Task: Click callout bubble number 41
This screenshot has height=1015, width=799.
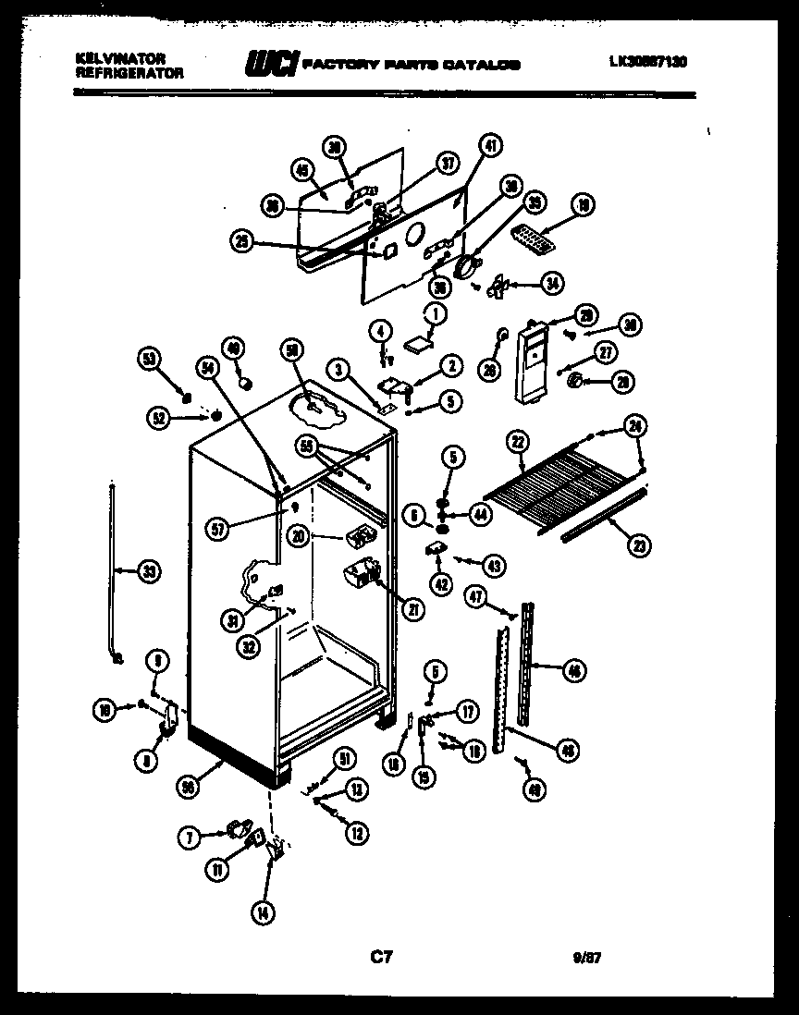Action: pos(491,145)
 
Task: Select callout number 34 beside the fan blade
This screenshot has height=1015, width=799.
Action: pos(553,284)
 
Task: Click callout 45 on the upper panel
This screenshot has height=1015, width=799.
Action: pos(301,169)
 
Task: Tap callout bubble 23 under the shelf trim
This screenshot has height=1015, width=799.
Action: pos(636,545)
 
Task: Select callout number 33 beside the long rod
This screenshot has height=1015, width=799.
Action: pos(148,572)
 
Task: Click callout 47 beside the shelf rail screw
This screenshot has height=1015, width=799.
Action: pos(476,597)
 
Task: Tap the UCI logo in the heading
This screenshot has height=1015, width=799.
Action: pos(269,63)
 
